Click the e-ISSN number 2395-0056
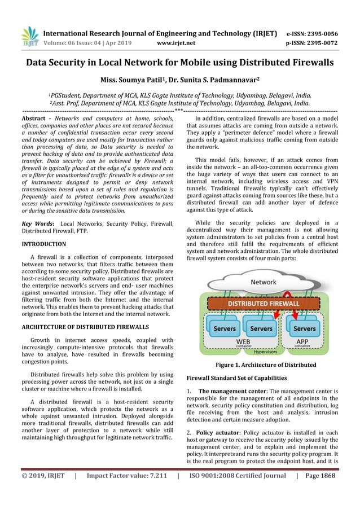tap(320, 33)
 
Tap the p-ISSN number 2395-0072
tap(320, 43)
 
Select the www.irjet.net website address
tap(176, 43)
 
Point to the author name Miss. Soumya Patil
tap(129, 80)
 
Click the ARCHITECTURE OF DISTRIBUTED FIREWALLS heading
tap(85, 327)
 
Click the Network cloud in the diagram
tap(263, 282)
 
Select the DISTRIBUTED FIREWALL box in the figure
tap(263, 304)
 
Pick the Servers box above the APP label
tap(305, 328)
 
